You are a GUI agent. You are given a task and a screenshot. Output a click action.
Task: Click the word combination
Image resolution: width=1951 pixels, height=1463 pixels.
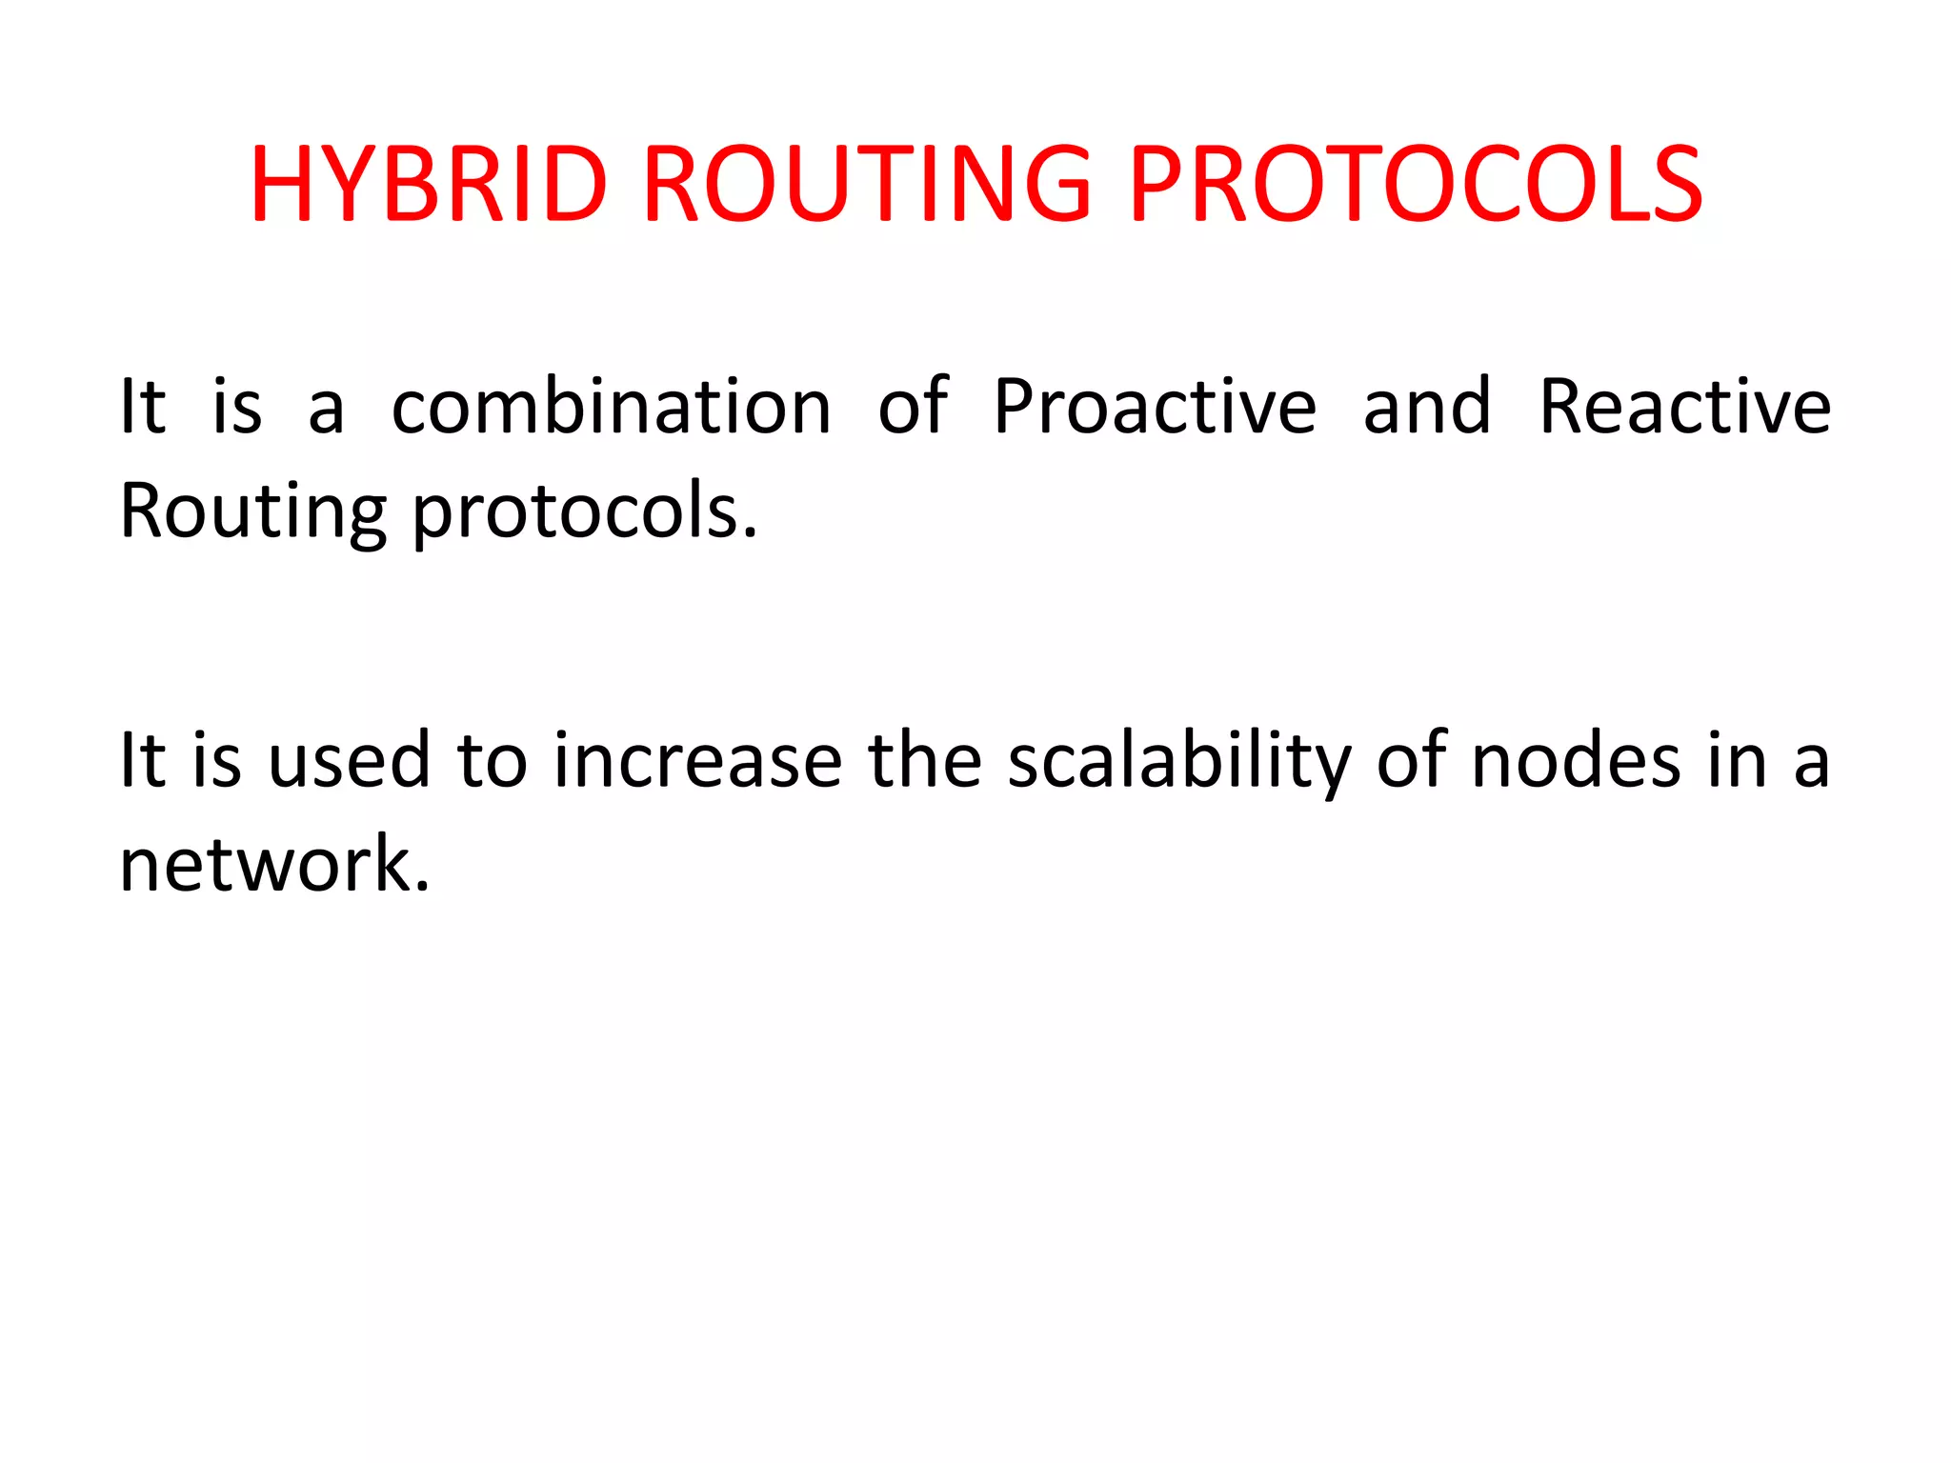[612, 407]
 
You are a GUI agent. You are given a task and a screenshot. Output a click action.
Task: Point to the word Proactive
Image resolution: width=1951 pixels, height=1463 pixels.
[1155, 407]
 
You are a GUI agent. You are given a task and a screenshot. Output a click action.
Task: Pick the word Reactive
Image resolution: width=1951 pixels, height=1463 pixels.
[1684, 407]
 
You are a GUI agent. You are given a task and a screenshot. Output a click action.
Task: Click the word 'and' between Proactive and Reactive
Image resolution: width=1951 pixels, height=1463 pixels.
[1426, 407]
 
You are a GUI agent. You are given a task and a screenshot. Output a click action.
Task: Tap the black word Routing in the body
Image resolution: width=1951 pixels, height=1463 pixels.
[252, 512]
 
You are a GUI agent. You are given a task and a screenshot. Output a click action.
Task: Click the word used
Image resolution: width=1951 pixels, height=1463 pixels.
[349, 761]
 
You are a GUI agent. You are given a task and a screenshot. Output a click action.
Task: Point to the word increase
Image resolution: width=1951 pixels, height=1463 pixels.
[697, 761]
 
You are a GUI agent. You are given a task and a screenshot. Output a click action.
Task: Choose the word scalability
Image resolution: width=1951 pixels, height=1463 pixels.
[1179, 763]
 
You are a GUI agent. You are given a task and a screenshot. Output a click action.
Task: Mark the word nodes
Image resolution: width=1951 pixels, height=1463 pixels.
[1576, 761]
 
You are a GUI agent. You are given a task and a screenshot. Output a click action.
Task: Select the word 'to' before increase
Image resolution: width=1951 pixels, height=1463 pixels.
[493, 763]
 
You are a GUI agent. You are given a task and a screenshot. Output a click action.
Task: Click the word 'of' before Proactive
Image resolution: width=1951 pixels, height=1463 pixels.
[913, 407]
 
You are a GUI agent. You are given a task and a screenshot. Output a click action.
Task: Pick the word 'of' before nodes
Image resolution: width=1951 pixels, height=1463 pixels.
[1412, 761]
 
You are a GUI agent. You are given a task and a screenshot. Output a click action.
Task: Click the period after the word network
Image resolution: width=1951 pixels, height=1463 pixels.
[423, 887]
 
